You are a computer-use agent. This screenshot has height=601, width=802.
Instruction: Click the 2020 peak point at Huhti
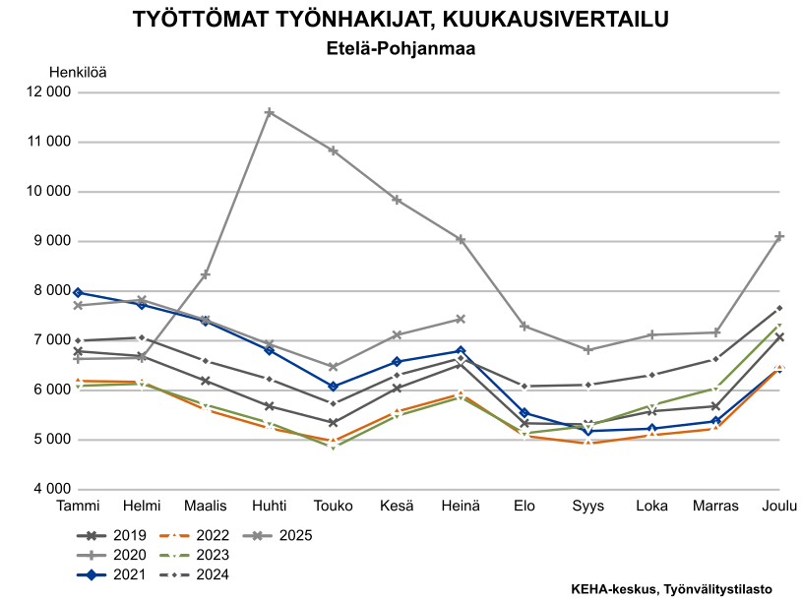tap(269, 113)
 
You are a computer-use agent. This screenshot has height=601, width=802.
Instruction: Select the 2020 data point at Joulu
tap(778, 237)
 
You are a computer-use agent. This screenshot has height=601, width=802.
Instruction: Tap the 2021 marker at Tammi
tap(77, 292)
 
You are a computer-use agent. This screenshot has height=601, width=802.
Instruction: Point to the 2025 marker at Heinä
tap(460, 319)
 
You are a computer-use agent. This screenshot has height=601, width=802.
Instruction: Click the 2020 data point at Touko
tap(333, 150)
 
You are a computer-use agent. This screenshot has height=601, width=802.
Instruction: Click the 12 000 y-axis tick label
tap(46, 93)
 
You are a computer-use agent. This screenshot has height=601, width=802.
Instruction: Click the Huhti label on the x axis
tap(269, 506)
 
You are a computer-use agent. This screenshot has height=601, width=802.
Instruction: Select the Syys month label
tap(588, 506)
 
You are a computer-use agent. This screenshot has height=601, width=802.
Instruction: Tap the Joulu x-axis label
tap(779, 506)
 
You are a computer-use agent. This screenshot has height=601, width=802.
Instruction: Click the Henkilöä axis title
tap(78, 71)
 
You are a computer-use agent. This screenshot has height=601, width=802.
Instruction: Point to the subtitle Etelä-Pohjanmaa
tap(401, 47)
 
